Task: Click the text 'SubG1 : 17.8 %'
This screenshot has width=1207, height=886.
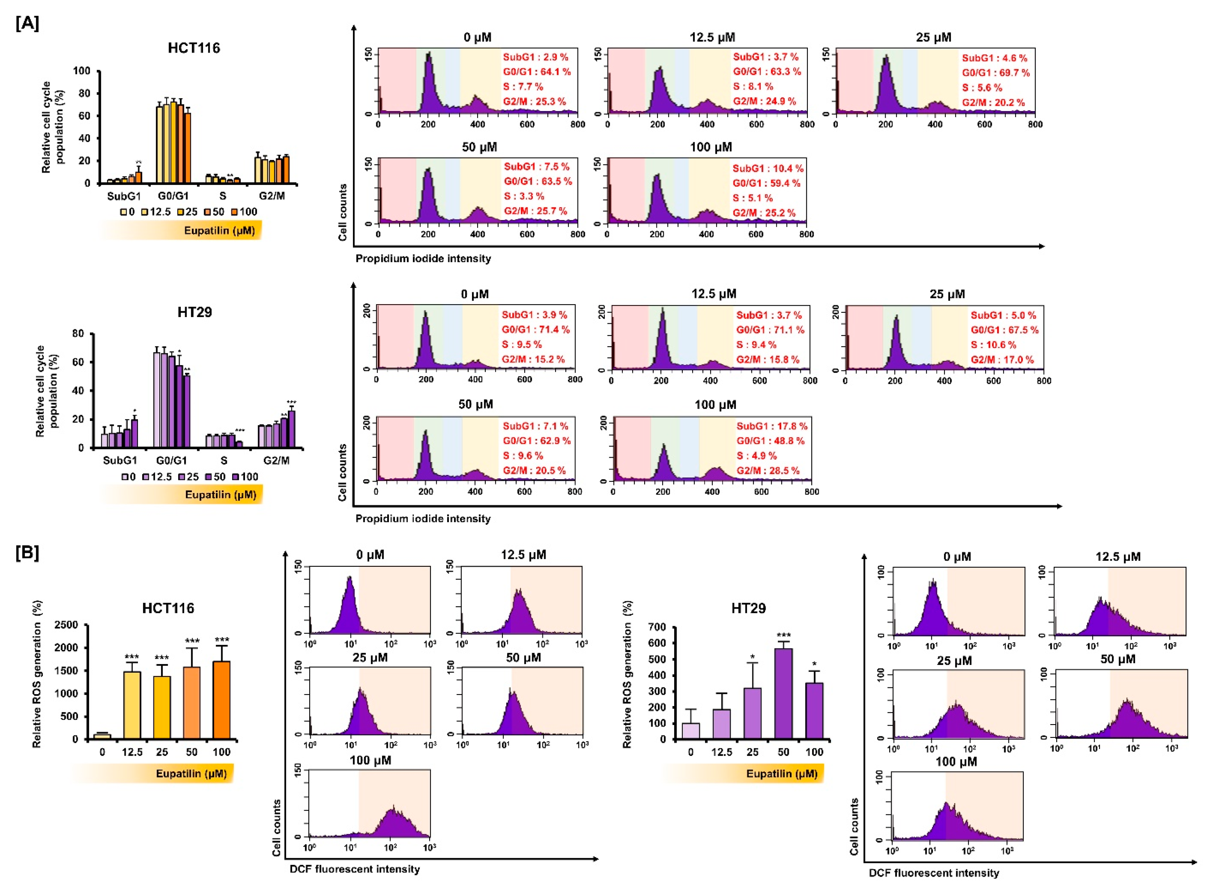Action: (x=771, y=426)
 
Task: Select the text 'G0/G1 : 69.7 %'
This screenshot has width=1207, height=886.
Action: (x=995, y=73)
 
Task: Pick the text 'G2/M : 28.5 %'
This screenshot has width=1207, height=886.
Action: (x=767, y=470)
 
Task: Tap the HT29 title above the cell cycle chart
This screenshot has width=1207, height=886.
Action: (x=195, y=312)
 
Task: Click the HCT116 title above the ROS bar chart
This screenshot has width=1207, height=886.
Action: (x=168, y=608)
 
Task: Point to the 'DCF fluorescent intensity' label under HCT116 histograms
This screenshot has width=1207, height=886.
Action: (x=354, y=869)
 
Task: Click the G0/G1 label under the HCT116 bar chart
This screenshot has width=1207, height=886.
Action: (x=173, y=196)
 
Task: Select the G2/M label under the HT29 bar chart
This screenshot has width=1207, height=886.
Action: (x=276, y=460)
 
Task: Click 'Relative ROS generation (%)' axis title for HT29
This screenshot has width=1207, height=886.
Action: (x=627, y=675)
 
